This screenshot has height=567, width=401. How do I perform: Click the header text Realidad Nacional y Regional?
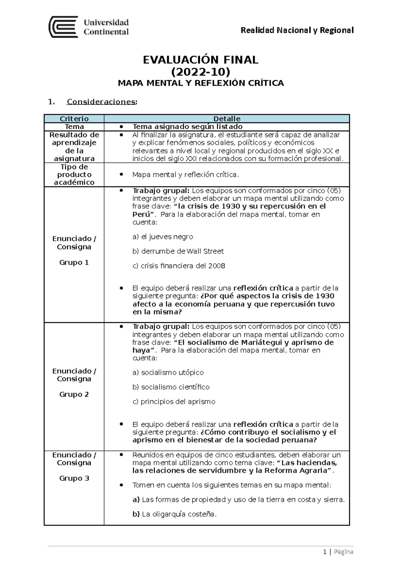[297, 30]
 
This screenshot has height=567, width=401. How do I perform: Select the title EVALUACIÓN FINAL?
[200, 60]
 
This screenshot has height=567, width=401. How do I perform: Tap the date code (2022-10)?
[200, 72]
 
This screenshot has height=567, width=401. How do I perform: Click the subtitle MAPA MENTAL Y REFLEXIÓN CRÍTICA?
[200, 83]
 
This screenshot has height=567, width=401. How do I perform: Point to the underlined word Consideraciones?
[102, 102]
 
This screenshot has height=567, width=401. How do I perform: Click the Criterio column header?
[74, 119]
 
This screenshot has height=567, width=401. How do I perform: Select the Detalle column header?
[227, 119]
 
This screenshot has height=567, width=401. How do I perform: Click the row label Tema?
[74, 127]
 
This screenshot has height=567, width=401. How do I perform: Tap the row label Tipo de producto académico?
[74, 175]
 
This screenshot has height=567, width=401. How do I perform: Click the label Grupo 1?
[74, 262]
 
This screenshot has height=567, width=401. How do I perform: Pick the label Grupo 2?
[74, 394]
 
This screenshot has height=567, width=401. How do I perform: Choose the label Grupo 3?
[74, 478]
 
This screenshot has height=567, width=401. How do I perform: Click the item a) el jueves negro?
[163, 237]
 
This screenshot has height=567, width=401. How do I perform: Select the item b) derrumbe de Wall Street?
[178, 251]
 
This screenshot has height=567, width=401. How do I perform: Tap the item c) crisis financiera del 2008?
[179, 266]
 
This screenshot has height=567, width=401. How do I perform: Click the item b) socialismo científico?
[171, 387]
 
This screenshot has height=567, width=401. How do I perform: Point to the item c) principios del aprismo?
[174, 402]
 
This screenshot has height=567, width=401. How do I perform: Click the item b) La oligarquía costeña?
[174, 514]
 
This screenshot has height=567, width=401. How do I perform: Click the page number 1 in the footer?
[325, 552]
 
